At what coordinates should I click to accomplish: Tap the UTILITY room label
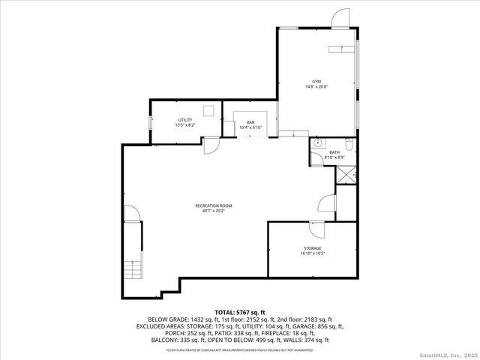[184, 119]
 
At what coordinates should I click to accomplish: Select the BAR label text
[251, 124]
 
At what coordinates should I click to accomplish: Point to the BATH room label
[334, 152]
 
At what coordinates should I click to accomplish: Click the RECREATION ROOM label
[213, 205]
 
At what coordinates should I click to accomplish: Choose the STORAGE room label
[313, 248]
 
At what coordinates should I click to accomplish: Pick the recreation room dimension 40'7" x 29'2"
[213, 211]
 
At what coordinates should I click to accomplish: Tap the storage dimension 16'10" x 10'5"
[313, 253]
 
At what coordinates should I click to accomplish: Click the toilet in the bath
[349, 142]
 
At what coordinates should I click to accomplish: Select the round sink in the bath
[318, 142]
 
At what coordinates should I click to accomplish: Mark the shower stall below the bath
[345, 174]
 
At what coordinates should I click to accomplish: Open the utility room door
[211, 144]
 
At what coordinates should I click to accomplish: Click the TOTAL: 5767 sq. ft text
[240, 312]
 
